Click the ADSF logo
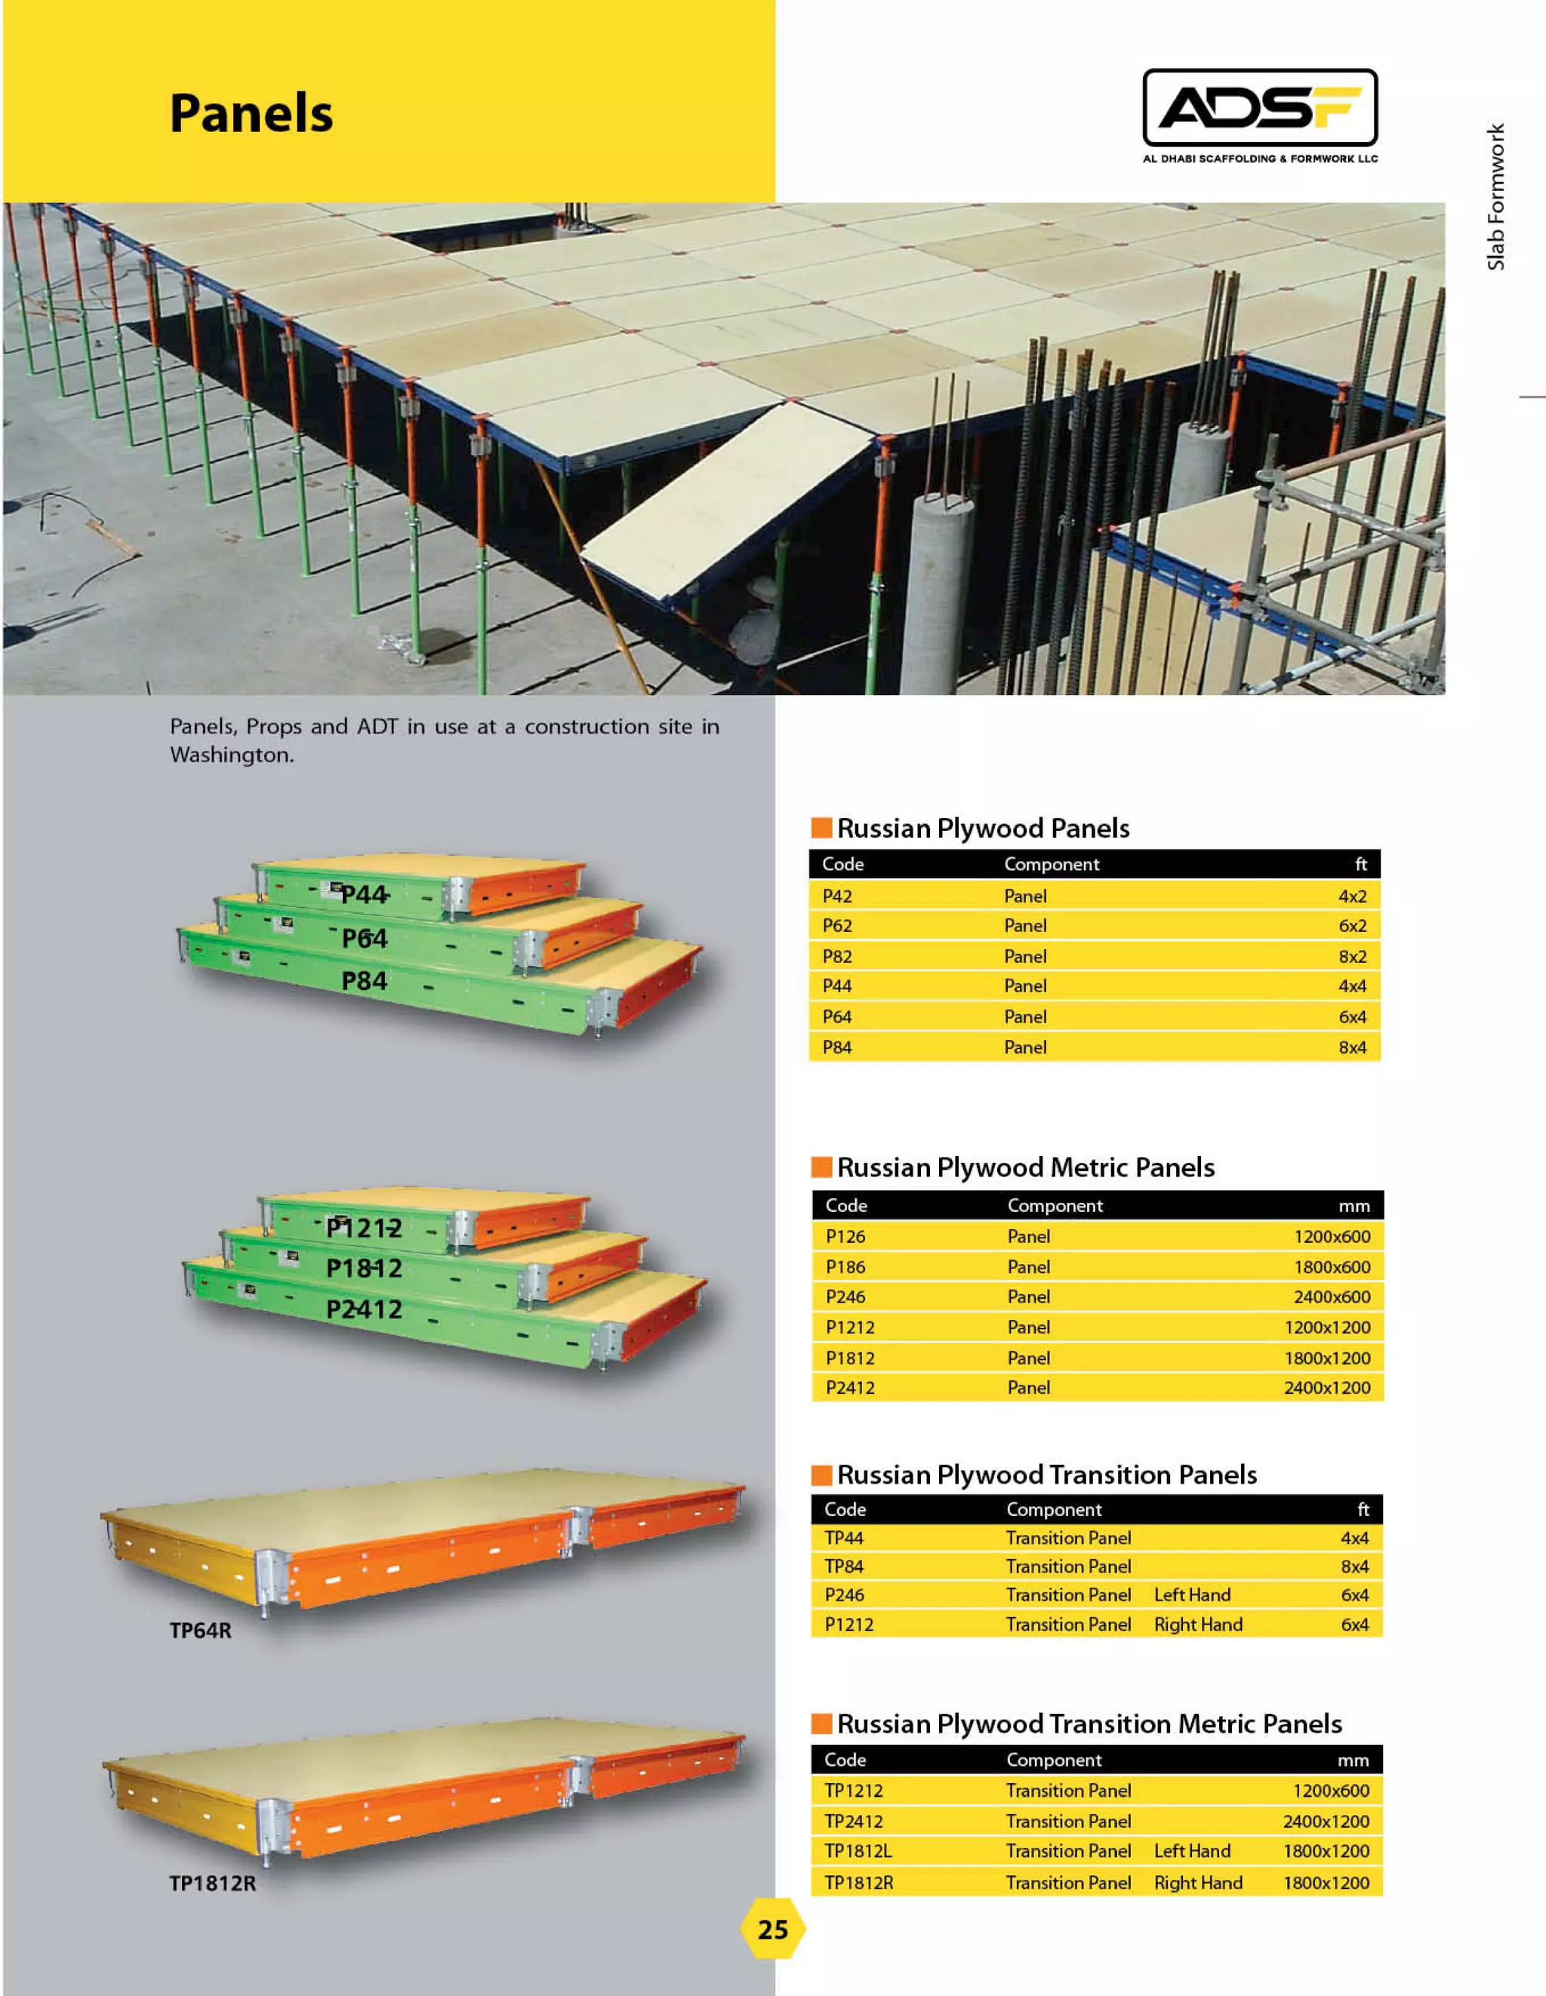click(1259, 109)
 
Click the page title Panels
click(251, 114)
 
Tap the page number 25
click(772, 1930)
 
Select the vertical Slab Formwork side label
click(1495, 196)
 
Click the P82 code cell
click(836, 956)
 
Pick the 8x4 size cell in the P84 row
click(1352, 1047)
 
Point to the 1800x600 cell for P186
click(1331, 1267)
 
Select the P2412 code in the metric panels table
click(849, 1387)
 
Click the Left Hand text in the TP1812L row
click(1192, 1850)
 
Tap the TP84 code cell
click(844, 1567)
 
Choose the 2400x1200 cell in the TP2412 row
click(1326, 1822)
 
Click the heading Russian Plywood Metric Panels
click(1026, 1167)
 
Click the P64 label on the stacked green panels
click(365, 939)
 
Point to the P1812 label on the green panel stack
click(364, 1268)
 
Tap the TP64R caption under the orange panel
click(200, 1631)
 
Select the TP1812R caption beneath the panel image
click(212, 1884)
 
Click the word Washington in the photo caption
click(231, 755)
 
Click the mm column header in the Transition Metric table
click(1352, 1761)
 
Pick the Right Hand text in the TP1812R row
click(1198, 1883)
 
